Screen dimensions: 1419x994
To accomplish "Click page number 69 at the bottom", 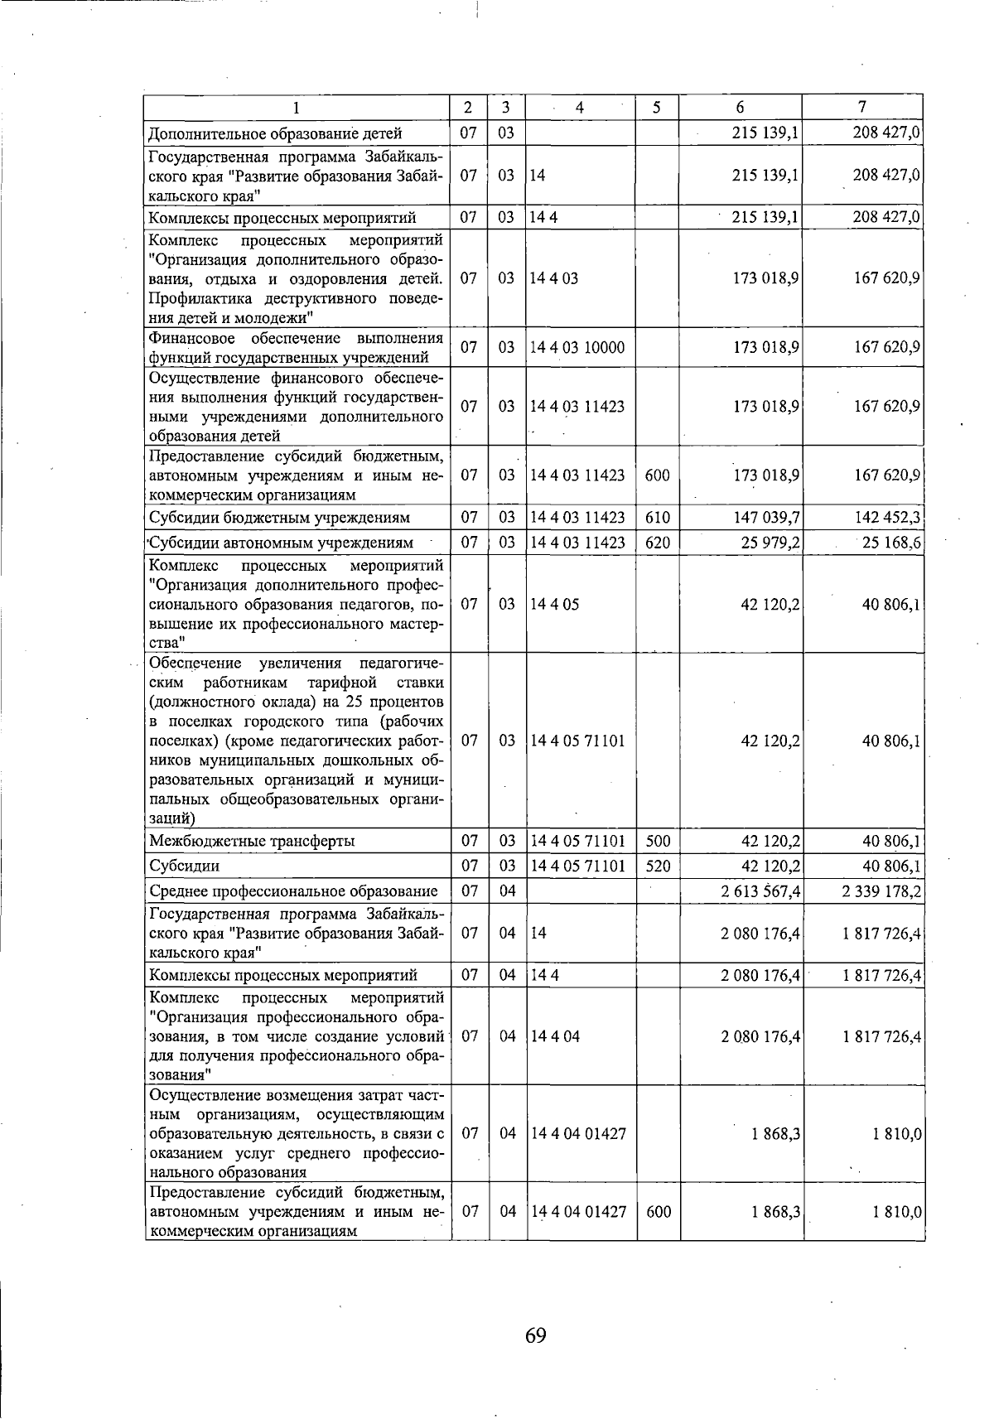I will point(535,1335).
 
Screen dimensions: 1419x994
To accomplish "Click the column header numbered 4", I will point(580,108).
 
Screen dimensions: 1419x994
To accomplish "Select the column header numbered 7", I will point(862,107).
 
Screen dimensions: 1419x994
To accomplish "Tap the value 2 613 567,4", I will point(760,891).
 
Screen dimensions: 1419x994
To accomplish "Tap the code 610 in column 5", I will point(658,518).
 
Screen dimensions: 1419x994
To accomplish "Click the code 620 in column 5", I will point(658,543).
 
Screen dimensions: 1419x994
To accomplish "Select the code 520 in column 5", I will point(658,866).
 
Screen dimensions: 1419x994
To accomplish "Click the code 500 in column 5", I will point(658,842).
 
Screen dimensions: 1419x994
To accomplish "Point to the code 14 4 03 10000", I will point(577,348).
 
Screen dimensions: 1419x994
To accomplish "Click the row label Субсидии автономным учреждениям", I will point(282,543).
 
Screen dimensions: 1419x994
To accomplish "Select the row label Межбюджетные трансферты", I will point(252,842).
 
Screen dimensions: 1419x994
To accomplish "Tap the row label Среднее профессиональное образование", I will point(293,891).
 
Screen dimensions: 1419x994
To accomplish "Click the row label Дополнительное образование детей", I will point(275,133).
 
